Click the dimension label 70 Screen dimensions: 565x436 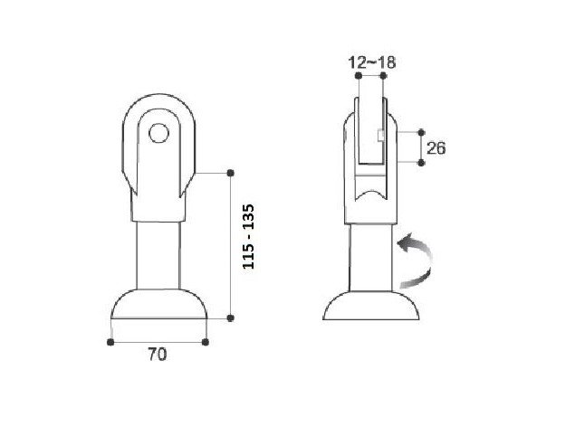(158, 355)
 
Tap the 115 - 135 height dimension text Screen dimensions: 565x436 (249, 236)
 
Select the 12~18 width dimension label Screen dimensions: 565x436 (372, 62)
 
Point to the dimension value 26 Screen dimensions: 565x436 (436, 148)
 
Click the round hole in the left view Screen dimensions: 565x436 (159, 133)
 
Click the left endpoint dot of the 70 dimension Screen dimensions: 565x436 (110, 342)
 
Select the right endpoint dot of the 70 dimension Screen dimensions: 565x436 (206, 342)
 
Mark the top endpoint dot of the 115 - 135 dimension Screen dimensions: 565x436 (231, 173)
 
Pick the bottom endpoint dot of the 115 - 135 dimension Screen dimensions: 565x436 (231, 318)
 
